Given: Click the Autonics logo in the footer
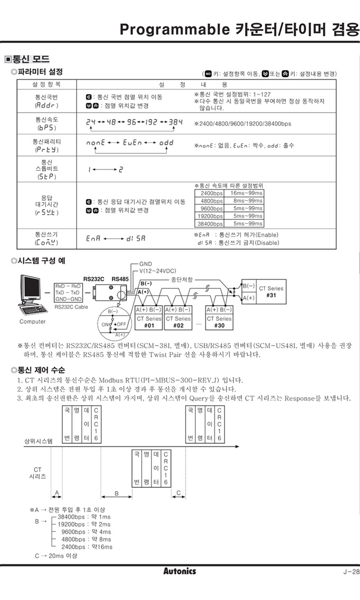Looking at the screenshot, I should pos(179,571).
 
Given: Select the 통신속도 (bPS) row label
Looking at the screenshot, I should pos(47,124).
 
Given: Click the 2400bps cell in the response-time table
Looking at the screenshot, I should pos(211,193).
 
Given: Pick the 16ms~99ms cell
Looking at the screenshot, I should pos(246,193).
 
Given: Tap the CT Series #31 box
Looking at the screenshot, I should pos(271,292).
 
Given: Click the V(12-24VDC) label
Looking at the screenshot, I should pos(158,270).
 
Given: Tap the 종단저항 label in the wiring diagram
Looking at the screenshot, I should pos(182,279).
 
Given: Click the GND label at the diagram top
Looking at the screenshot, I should pos(145,263).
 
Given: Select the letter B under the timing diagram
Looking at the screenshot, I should pos(116,493).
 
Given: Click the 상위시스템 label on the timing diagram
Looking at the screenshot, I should pos(39,440).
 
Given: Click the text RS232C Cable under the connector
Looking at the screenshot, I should pos(71,306).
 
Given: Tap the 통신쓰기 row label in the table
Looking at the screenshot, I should pos(47,239).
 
